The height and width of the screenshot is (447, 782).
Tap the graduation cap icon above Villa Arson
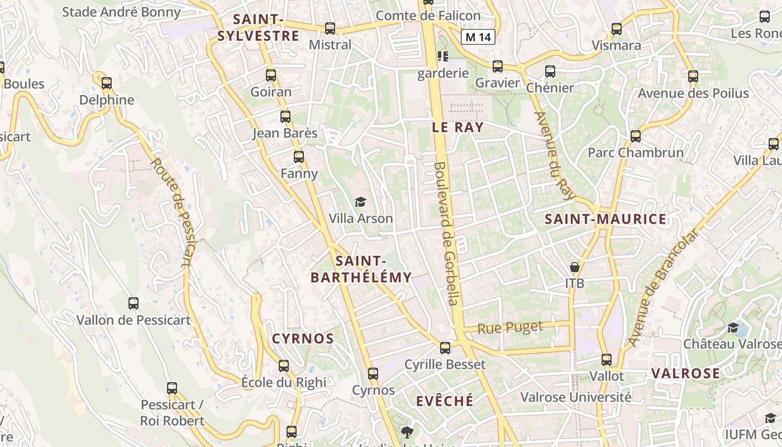[x=360, y=202]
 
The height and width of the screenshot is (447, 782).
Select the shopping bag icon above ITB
[x=574, y=267]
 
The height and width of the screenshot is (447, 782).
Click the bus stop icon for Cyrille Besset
[x=445, y=348]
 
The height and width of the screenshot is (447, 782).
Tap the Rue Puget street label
[x=510, y=327]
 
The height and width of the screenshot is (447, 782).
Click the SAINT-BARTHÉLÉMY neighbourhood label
[x=361, y=269]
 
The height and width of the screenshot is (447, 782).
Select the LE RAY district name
[x=457, y=127]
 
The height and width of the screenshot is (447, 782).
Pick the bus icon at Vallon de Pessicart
[x=133, y=303]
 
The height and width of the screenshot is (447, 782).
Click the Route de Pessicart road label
[x=175, y=212]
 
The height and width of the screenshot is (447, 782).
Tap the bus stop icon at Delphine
[x=106, y=83]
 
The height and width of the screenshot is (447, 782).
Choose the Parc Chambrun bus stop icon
[x=635, y=136]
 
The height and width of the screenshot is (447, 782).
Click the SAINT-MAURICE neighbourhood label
[x=605, y=219]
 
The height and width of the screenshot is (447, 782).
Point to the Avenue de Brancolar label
[x=663, y=288]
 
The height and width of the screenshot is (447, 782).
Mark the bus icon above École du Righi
[x=284, y=366]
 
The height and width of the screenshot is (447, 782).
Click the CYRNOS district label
[x=303, y=339]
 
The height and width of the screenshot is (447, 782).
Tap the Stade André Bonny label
[x=121, y=12]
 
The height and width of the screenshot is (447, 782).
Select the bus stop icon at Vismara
[x=617, y=28]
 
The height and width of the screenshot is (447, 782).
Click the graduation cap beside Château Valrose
[x=733, y=327]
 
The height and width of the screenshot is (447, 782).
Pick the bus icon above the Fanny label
[x=299, y=156]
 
